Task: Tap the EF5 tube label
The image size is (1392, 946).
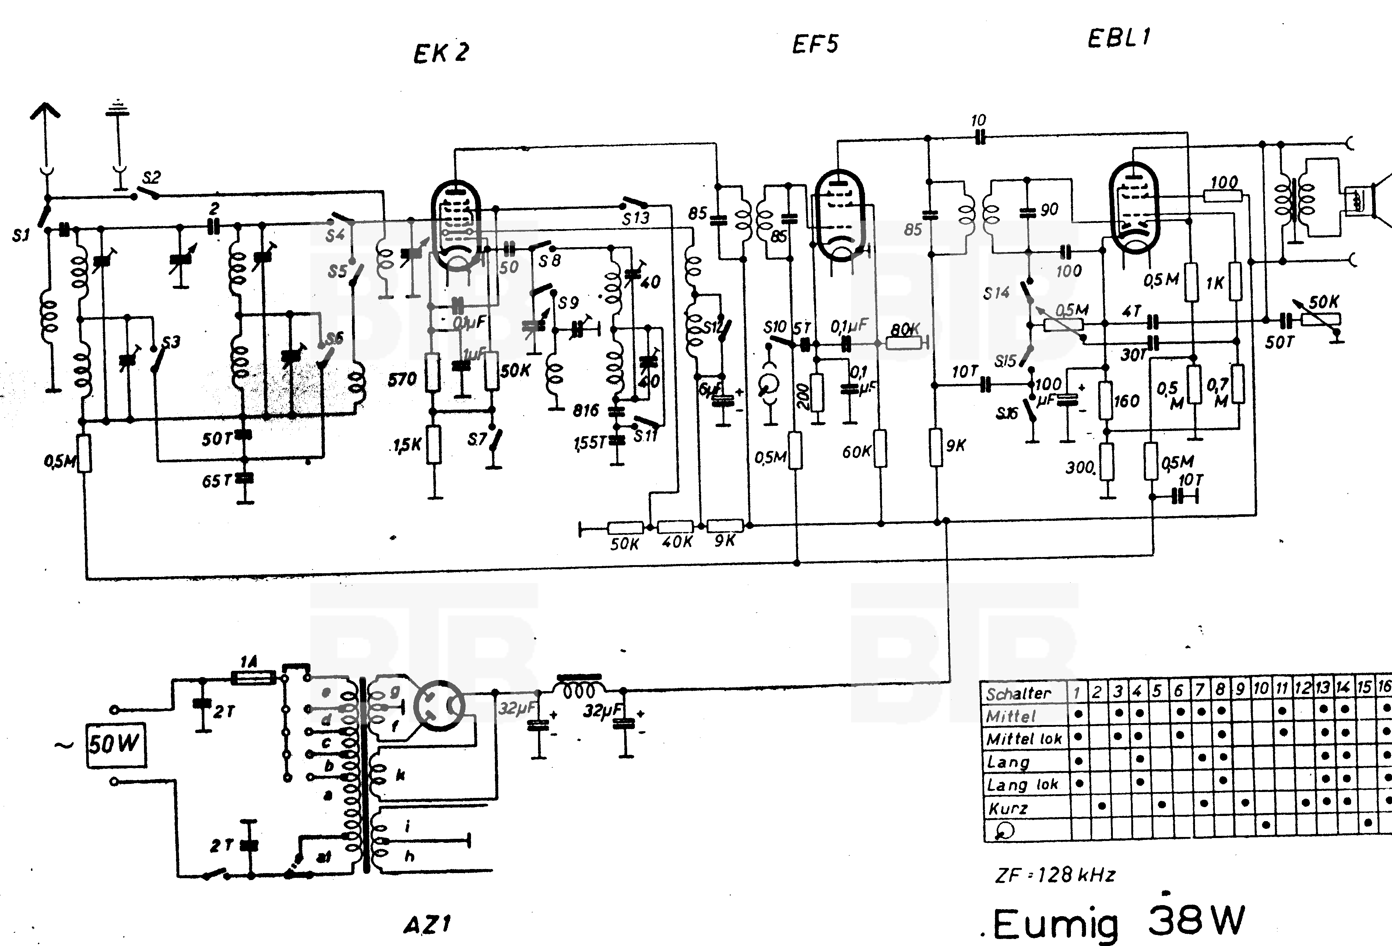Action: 815,44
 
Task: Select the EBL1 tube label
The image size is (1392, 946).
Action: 1119,38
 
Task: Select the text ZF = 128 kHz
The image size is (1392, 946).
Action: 1055,875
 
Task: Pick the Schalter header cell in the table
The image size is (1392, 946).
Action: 1018,694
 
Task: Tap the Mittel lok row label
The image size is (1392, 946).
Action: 1024,739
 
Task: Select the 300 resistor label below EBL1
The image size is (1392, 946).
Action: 1080,467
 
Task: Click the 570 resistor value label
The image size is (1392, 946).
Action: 402,379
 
